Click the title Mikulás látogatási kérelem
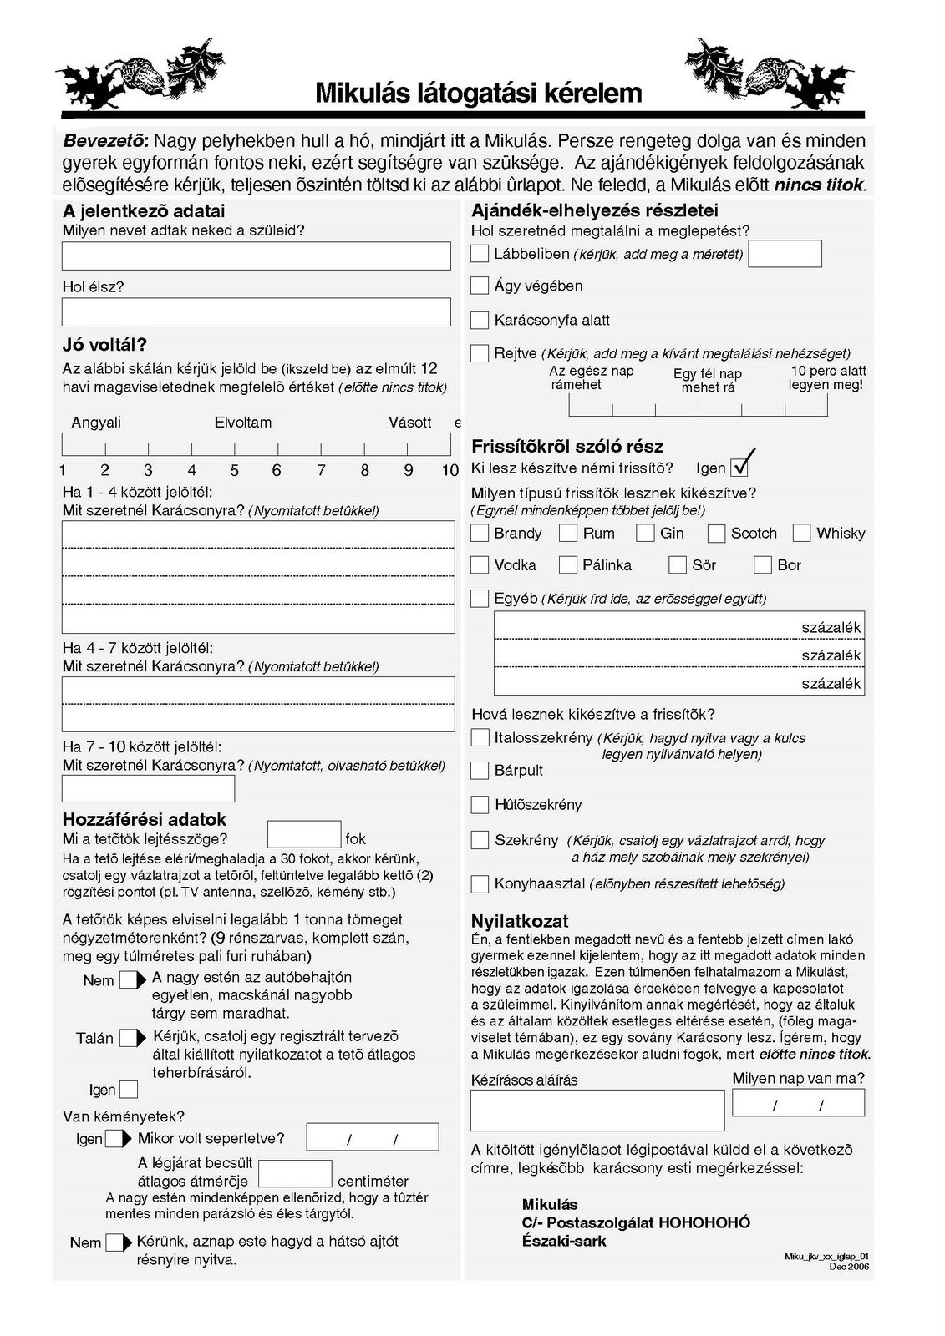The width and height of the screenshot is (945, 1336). (x=479, y=93)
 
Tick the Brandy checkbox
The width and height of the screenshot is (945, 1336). (x=480, y=533)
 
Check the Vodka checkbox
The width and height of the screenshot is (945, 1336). (x=480, y=565)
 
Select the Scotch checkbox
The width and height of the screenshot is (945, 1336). (x=716, y=533)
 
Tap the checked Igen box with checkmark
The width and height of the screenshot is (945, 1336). (x=740, y=467)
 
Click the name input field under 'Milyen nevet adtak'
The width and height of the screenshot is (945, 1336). (x=256, y=256)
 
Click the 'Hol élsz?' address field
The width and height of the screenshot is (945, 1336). (x=256, y=312)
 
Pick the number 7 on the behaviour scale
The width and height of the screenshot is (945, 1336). (x=321, y=470)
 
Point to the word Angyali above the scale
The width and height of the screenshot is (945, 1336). (x=96, y=423)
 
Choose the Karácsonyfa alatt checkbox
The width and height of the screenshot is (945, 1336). (x=480, y=320)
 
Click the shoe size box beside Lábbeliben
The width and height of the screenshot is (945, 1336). (x=785, y=254)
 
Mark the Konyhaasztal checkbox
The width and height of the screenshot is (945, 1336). (x=480, y=883)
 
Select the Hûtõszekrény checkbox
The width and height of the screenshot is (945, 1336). (x=480, y=805)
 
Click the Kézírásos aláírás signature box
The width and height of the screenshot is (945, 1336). (x=597, y=1110)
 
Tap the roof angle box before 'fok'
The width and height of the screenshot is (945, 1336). (x=304, y=835)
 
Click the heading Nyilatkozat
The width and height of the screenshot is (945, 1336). (x=520, y=921)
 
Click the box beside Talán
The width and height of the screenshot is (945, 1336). (x=130, y=1038)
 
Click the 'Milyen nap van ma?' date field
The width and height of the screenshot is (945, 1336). (x=798, y=1103)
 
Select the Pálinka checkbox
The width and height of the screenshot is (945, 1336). (x=568, y=565)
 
